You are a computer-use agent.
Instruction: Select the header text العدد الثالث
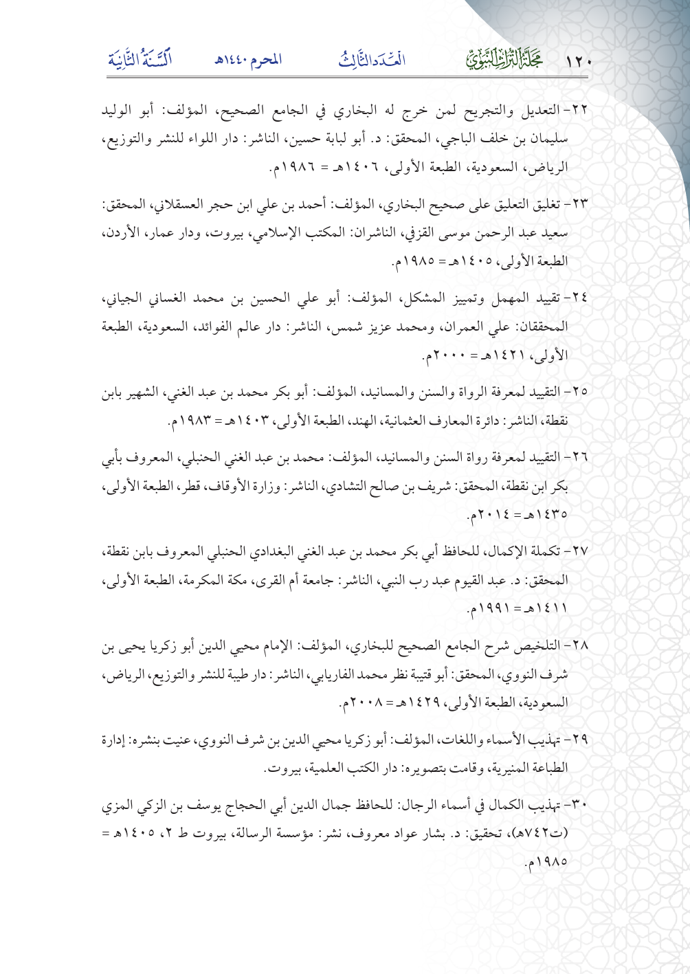tap(372, 60)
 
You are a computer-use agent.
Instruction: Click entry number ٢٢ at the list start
tap(580, 111)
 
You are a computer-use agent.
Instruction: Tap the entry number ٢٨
tap(580, 647)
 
